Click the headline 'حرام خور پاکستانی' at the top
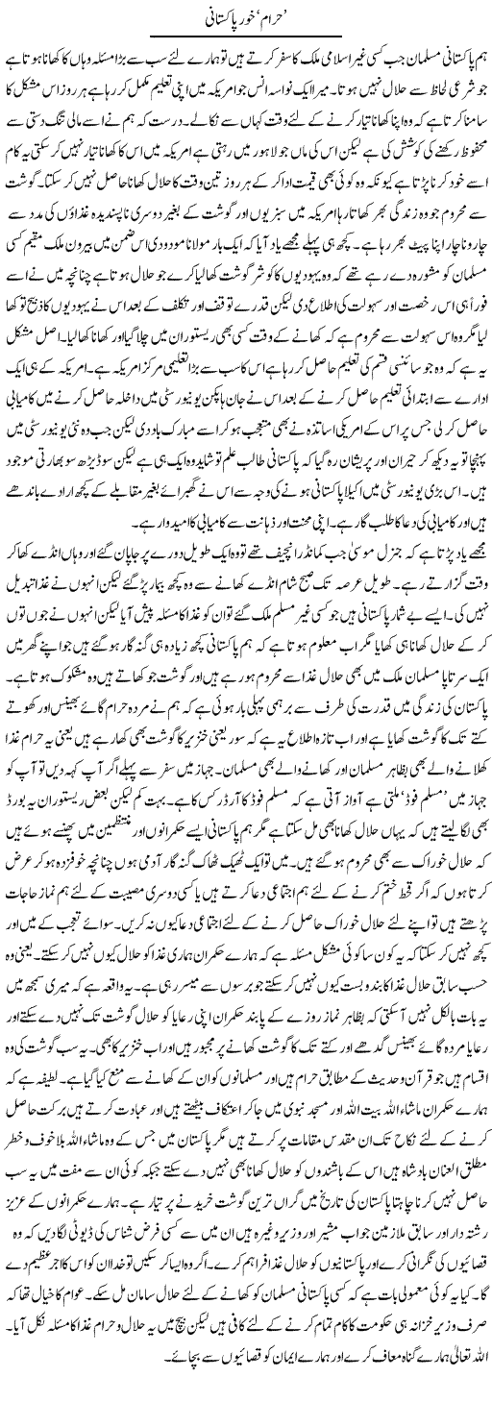pyautogui.click(x=246, y=18)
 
